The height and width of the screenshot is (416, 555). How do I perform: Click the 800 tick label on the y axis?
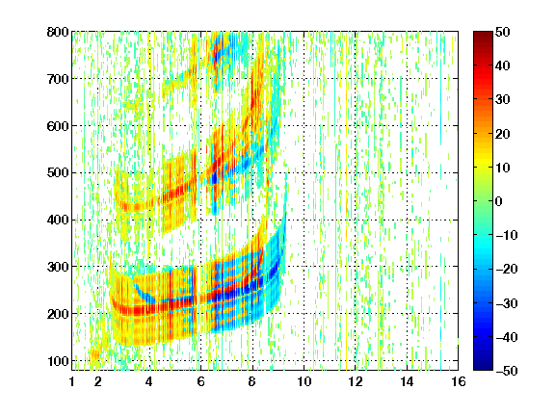point(58,32)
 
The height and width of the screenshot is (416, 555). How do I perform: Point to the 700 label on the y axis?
point(58,79)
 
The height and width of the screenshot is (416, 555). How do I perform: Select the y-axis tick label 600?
point(58,126)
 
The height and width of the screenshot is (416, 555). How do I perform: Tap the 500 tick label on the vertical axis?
point(58,173)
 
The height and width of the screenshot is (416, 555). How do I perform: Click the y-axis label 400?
point(58,220)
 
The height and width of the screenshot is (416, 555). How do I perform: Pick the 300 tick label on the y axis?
point(58,267)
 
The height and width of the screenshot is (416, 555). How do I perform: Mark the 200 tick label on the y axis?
point(58,314)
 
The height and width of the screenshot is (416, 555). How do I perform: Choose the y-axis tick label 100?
point(58,361)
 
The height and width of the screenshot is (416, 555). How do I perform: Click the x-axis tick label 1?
point(72,381)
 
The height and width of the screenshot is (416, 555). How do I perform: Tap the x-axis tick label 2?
point(98,381)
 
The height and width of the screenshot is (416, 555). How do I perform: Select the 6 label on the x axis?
point(201,381)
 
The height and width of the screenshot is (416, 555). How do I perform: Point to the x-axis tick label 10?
point(304,381)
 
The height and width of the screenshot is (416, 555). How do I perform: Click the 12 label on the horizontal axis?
point(356,381)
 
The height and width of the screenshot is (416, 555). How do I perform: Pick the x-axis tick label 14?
point(407,381)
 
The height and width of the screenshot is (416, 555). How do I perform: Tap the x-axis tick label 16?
point(459,381)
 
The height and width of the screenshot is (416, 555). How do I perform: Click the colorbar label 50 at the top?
point(502,32)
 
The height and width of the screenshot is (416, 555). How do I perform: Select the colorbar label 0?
point(498,201)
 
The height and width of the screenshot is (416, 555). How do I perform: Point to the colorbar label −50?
point(506,371)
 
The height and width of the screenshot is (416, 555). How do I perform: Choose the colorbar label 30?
point(502,99)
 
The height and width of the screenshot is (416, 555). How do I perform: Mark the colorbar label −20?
point(506,269)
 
